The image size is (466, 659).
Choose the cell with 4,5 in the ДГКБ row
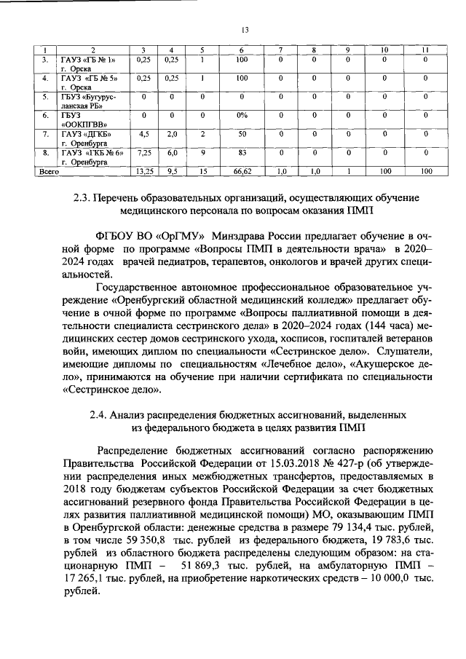pyautogui.click(x=143, y=134)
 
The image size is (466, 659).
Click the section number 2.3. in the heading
pyautogui.click(x=86, y=197)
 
